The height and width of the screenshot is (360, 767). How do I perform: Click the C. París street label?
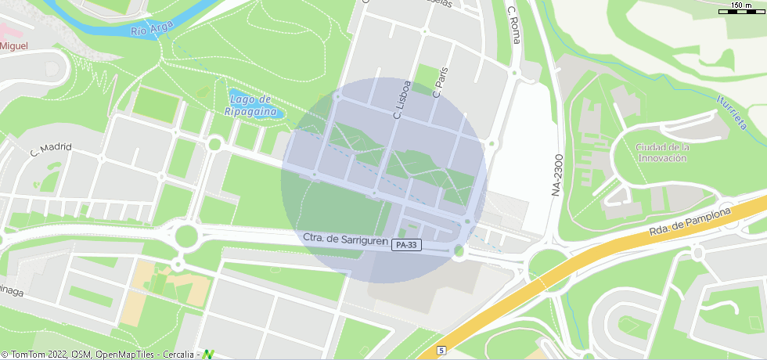440,82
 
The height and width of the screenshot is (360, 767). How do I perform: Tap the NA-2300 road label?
556,174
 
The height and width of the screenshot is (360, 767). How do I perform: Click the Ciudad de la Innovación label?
661,153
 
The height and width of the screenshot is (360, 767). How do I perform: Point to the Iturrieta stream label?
732,112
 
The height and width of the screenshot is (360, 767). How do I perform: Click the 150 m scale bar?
741,9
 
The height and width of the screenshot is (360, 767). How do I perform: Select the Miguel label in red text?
14,46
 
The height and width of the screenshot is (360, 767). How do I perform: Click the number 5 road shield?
442,350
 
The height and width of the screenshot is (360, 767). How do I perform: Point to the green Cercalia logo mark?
207,355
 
